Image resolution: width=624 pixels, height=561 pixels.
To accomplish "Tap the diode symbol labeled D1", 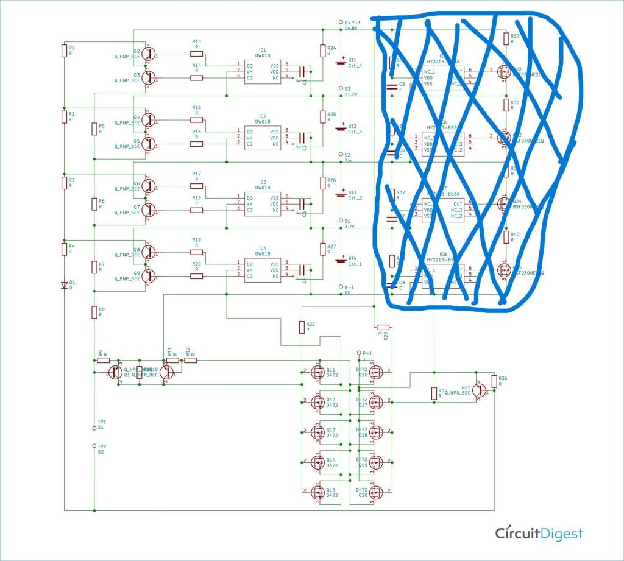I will click(64, 284).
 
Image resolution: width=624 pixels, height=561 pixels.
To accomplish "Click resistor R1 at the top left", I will click(64, 51).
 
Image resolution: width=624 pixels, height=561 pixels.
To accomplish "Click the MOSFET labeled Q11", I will click(317, 372).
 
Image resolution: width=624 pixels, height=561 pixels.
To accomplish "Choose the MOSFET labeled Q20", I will click(375, 492).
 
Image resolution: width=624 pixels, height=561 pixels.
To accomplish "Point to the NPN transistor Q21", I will click(481, 388).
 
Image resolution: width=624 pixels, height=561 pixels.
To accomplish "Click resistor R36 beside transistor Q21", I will click(494, 382).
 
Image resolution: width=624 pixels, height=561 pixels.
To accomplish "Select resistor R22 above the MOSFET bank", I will click(302, 327).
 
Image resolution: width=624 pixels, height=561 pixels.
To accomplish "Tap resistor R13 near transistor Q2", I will click(197, 54).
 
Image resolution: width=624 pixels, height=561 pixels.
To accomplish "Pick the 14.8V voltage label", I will click(351, 28).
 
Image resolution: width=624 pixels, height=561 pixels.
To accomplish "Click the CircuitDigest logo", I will click(539, 534).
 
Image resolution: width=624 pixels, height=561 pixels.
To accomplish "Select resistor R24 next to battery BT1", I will click(322, 51).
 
